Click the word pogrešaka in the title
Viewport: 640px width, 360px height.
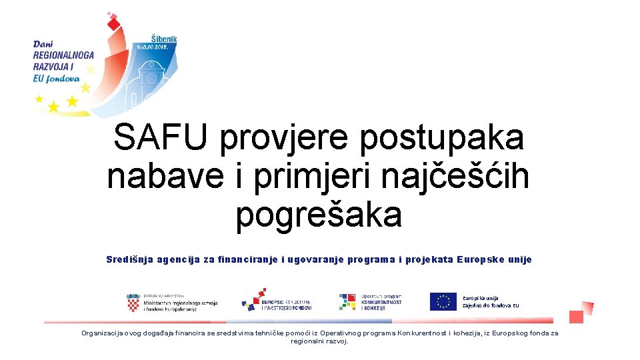(x=319, y=215)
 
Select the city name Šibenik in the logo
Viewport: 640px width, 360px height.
(x=163, y=39)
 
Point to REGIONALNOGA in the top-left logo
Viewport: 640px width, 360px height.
(x=64, y=55)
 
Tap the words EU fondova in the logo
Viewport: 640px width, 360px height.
(x=56, y=77)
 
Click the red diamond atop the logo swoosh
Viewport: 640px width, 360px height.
(x=114, y=25)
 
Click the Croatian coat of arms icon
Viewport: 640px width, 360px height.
(x=133, y=303)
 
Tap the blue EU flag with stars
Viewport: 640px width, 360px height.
(x=443, y=302)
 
